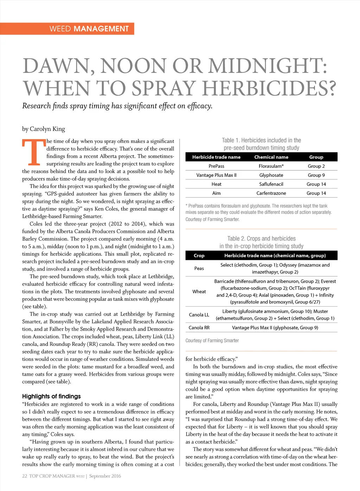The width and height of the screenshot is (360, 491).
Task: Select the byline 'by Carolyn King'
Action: [x=44, y=129]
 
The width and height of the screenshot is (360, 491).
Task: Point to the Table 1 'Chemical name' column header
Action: [x=271, y=157]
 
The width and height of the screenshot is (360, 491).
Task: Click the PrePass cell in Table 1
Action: [x=216, y=166]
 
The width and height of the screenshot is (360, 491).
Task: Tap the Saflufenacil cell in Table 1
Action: [x=271, y=184]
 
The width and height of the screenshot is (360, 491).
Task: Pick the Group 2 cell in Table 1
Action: [x=316, y=166]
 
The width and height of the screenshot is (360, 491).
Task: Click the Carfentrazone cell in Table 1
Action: [x=271, y=193]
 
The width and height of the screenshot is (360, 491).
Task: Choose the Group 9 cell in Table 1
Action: [x=316, y=175]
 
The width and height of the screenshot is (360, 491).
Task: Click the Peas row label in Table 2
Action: [x=199, y=268]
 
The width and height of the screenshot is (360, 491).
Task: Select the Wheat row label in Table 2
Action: [x=199, y=292]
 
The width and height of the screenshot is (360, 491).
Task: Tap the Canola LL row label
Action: [x=199, y=315]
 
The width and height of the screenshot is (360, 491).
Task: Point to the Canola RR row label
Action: [x=199, y=327]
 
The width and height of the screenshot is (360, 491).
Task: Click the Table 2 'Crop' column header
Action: [x=199, y=256]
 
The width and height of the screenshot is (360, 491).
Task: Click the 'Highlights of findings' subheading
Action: [x=51, y=396]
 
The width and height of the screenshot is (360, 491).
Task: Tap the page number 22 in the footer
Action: [x=25, y=476]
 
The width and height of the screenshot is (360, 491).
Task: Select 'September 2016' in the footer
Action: [x=105, y=476]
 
